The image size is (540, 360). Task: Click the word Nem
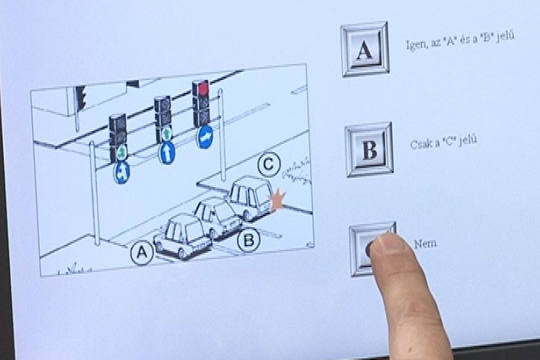(426, 244)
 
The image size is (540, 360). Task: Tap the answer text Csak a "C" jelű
(444, 142)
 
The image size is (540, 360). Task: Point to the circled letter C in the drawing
(269, 164)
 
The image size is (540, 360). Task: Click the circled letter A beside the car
(142, 253)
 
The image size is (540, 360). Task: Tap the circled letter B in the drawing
(248, 240)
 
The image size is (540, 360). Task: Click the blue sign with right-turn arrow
(204, 137)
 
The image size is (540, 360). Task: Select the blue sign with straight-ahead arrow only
(167, 153)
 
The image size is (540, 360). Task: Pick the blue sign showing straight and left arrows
(121, 171)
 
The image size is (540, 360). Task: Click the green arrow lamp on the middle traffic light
(167, 133)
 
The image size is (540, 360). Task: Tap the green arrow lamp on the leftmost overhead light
(120, 152)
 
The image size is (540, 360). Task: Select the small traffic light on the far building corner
(81, 97)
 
